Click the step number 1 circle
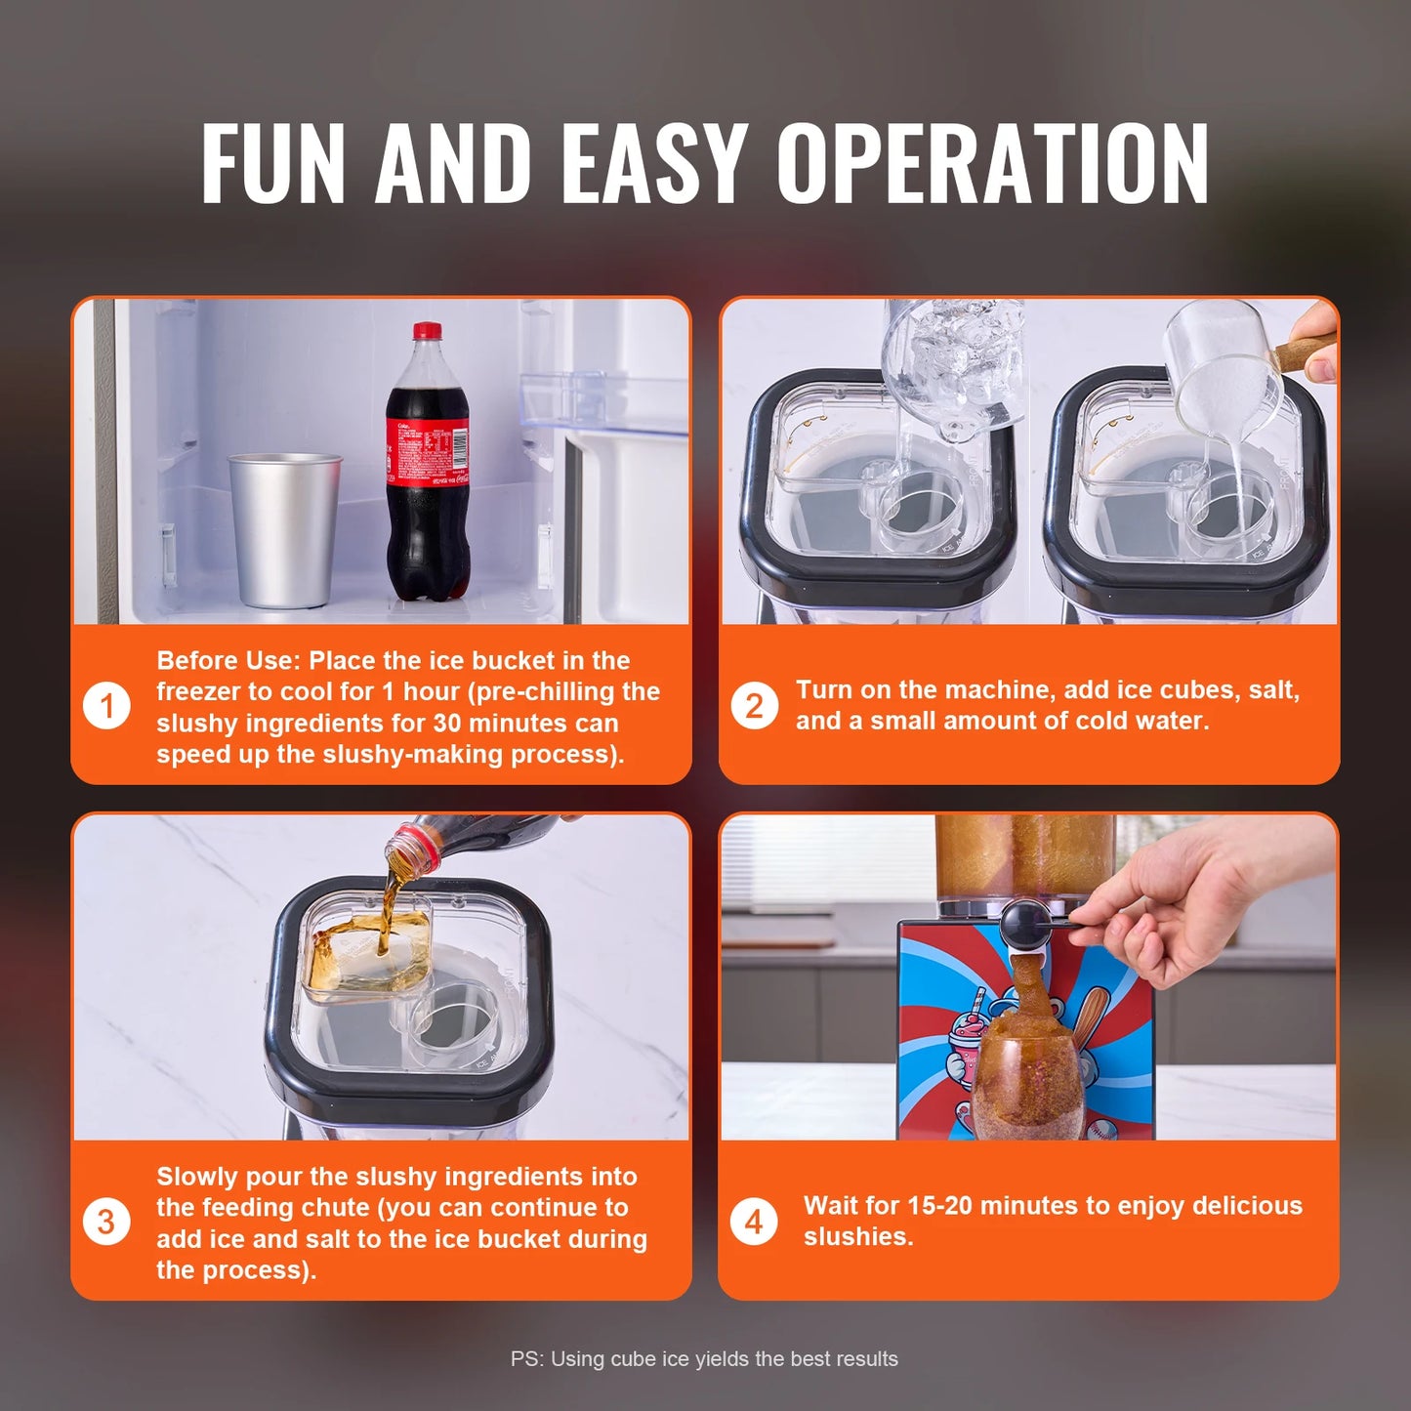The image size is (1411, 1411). [106, 706]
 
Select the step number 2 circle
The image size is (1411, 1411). [754, 706]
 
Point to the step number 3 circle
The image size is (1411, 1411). [106, 1222]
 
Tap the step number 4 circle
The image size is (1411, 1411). [754, 1222]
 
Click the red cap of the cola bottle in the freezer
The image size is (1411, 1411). [426, 331]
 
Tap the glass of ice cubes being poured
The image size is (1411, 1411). [952, 366]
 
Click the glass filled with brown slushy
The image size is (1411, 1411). [1027, 1084]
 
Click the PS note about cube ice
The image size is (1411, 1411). [704, 1358]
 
